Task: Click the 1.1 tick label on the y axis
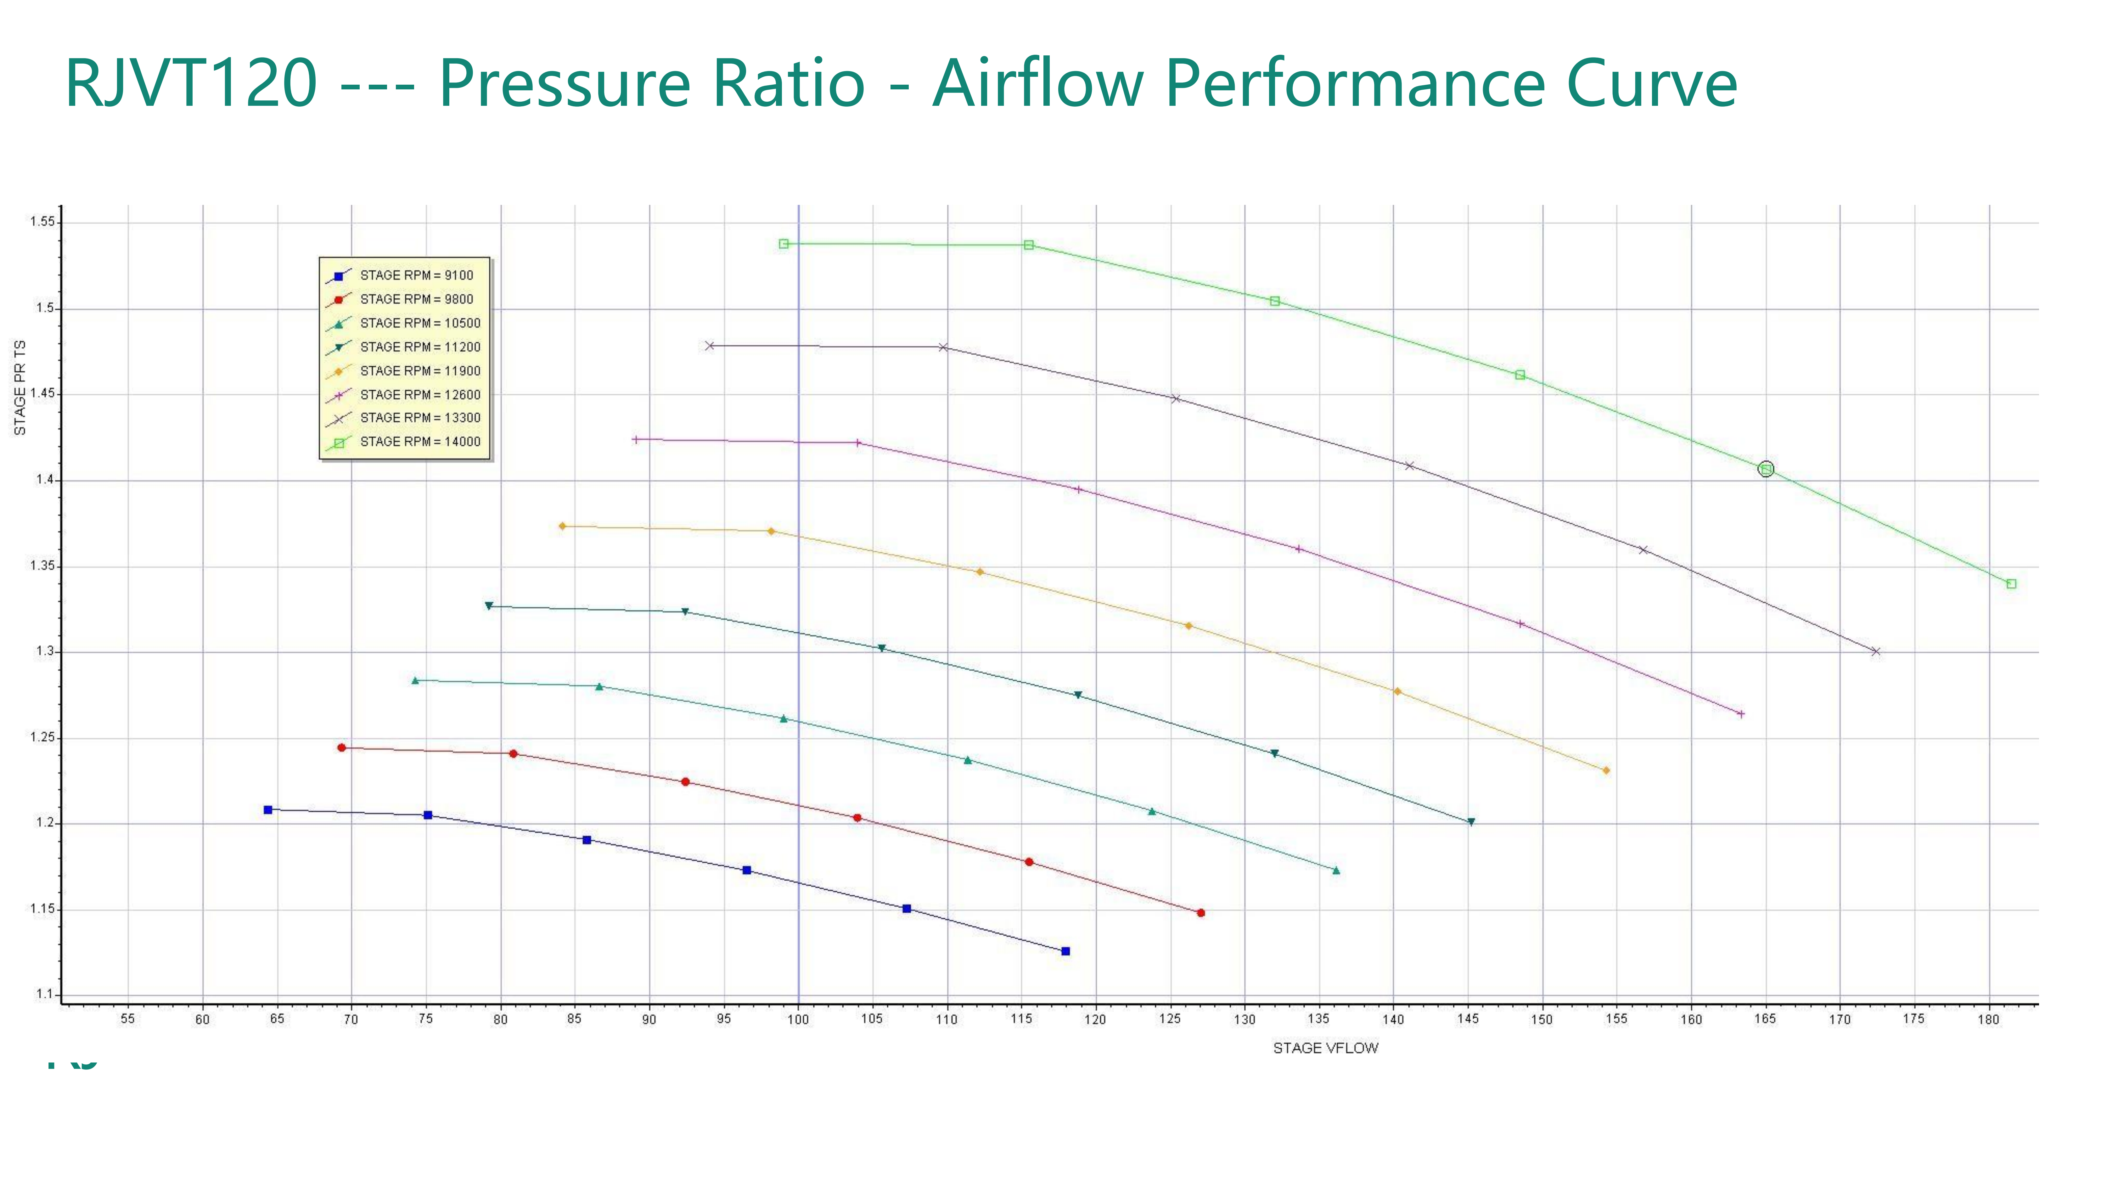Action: [44, 995]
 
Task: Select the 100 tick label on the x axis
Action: [798, 1019]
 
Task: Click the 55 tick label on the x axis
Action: [128, 1019]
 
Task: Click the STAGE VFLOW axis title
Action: [1325, 1048]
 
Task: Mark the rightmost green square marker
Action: [2011, 584]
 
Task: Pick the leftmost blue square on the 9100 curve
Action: [268, 810]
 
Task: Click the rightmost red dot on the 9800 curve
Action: [1200, 913]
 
